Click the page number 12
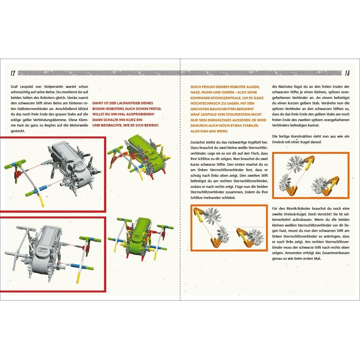tap(12, 73)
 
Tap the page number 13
tap(347, 73)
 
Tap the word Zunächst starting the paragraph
tap(199, 142)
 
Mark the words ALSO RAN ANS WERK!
tap(209, 131)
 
